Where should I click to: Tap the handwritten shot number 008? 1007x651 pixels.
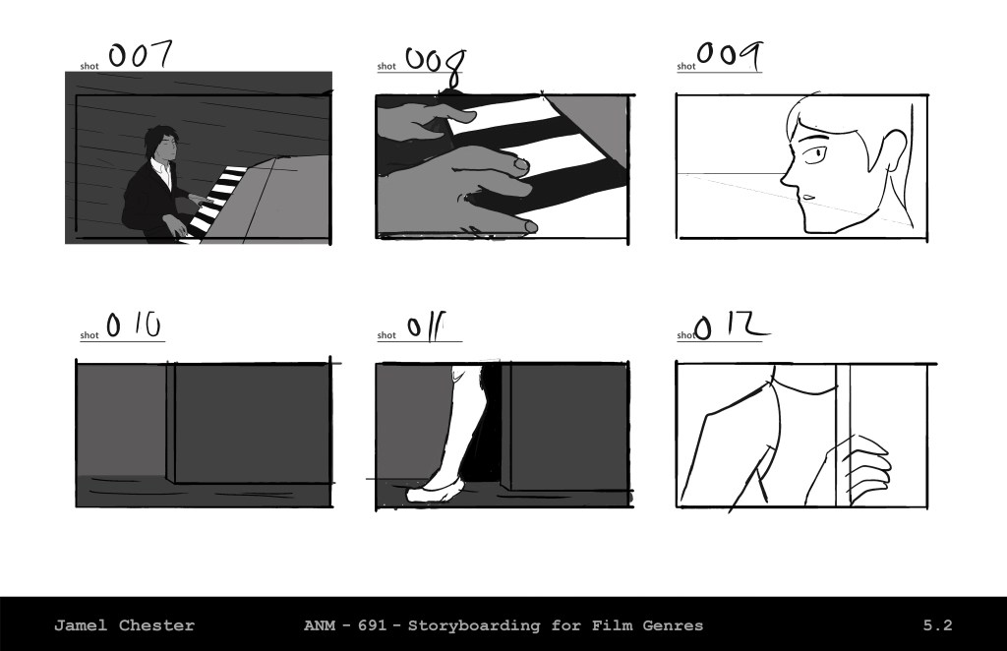click(436, 66)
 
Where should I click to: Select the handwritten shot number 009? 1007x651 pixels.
click(730, 55)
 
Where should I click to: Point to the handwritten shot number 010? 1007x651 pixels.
click(134, 325)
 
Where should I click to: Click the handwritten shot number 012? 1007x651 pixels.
click(732, 326)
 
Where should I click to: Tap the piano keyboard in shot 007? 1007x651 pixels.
click(215, 203)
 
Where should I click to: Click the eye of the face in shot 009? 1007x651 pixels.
click(816, 153)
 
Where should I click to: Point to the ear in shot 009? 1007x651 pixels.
click(895, 149)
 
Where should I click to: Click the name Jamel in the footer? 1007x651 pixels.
click(81, 625)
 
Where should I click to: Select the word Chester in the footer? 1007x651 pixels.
click(156, 625)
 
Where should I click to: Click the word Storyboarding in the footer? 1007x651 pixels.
click(474, 625)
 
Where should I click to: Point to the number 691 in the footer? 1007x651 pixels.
click(372, 625)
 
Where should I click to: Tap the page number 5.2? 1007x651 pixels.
click(937, 625)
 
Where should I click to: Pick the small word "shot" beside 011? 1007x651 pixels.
click(386, 335)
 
